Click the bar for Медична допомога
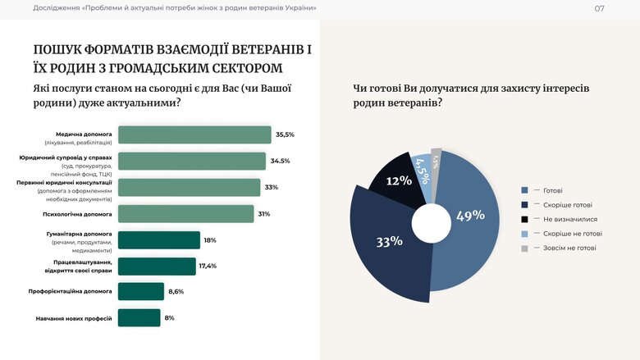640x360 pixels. coord(194,134)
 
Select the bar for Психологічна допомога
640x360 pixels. coord(186,213)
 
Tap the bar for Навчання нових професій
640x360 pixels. coord(139,317)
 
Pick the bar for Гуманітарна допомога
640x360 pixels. coord(159,239)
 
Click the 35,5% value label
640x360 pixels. coord(285,134)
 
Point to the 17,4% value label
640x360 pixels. coord(208,267)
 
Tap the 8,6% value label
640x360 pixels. coord(176,291)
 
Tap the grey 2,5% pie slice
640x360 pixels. coord(437,161)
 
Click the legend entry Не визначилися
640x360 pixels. coord(569,219)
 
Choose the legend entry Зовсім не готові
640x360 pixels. coord(569,248)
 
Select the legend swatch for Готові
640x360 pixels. coord(524,190)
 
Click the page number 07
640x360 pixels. coord(599,8)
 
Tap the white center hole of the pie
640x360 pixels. coord(432,223)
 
